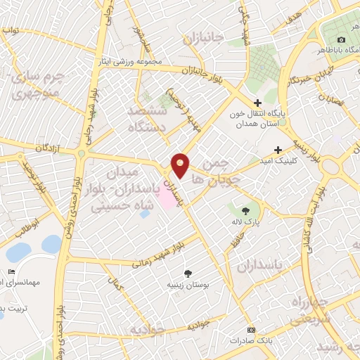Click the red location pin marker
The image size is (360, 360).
pos(181,165)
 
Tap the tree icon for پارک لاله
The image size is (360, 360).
pos(245,210)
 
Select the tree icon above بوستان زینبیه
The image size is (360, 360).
pos(187,273)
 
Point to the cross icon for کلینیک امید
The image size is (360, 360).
pos(278,150)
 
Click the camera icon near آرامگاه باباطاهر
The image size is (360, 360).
pos(341,40)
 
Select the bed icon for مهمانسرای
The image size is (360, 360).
pos(11,271)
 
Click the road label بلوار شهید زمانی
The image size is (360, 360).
pos(157,259)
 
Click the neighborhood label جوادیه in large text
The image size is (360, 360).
pos(146,329)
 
